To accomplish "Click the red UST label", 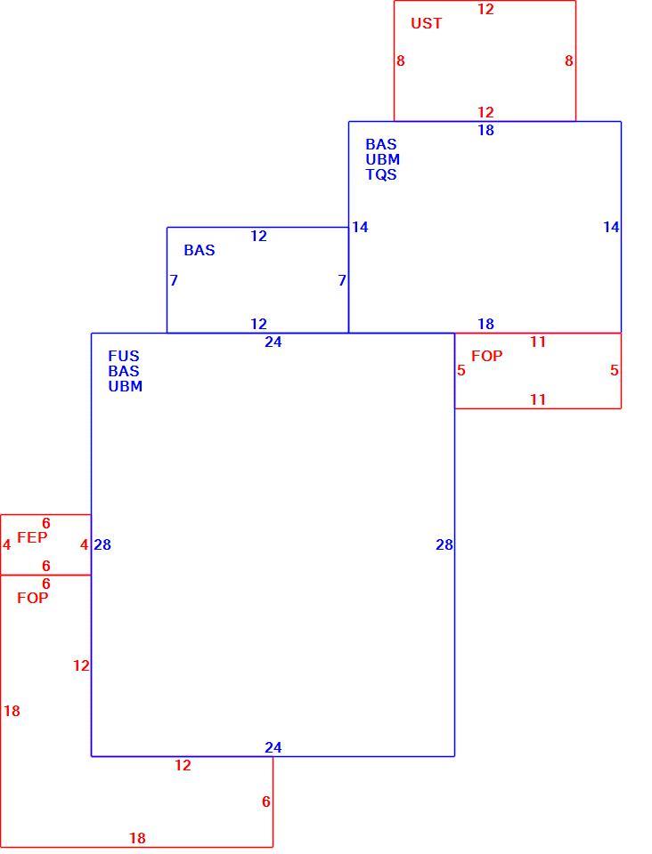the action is [x=427, y=23].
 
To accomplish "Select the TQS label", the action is [x=381, y=175].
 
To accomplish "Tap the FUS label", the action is [x=124, y=356].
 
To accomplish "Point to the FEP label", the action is [x=32, y=537].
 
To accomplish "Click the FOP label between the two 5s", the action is [x=487, y=356].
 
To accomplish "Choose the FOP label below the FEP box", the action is [x=33, y=598].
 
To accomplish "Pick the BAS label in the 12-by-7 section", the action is [x=200, y=251].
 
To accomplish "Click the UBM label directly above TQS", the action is [x=383, y=159].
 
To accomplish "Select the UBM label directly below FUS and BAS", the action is [x=126, y=386].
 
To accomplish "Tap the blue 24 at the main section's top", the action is [x=273, y=342].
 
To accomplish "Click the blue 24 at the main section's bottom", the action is [x=273, y=748].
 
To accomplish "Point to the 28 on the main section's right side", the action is [x=444, y=544].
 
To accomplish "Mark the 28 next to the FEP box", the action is [x=102, y=544].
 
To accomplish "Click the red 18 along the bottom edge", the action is [x=137, y=838].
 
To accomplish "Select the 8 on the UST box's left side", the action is [x=401, y=61].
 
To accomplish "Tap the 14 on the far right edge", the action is [x=611, y=227].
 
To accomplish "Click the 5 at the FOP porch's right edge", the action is [x=615, y=371].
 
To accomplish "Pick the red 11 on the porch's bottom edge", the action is [x=538, y=399].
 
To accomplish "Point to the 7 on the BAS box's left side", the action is [x=174, y=280].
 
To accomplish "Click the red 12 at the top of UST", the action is [x=485, y=9].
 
